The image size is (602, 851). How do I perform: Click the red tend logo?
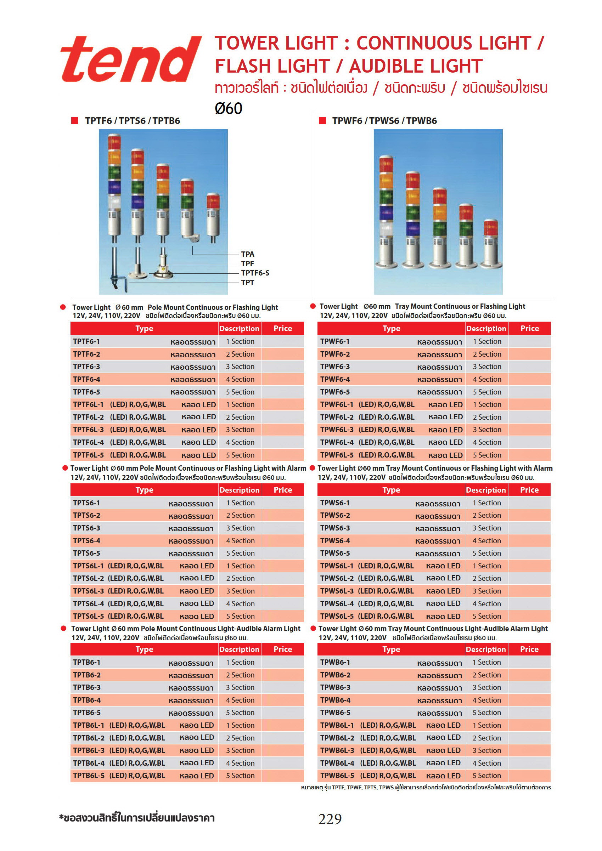(x=130, y=59)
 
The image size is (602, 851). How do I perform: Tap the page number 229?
(x=330, y=819)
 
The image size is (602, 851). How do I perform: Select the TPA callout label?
(x=247, y=254)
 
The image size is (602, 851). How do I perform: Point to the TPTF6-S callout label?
(x=255, y=273)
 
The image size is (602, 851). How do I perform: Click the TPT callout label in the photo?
(x=247, y=283)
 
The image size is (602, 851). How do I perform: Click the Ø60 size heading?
(x=228, y=109)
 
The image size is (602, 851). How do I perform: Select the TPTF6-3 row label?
(x=87, y=367)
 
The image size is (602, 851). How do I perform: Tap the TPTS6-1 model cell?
(x=87, y=503)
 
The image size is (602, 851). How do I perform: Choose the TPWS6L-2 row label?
(x=336, y=578)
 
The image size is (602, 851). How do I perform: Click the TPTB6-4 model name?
(x=87, y=700)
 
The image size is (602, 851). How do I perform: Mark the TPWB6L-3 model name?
(x=337, y=750)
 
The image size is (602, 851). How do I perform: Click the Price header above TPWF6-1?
(x=529, y=328)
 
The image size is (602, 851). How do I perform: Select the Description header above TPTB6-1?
(x=239, y=649)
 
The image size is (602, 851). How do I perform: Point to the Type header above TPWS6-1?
(x=391, y=490)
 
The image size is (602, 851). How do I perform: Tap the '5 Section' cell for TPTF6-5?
(x=240, y=392)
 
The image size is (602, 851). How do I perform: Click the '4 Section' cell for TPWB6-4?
(x=486, y=700)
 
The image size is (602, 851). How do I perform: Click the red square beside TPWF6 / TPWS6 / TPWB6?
(x=322, y=120)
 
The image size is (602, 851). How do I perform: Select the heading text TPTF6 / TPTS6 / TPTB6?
(x=133, y=121)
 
